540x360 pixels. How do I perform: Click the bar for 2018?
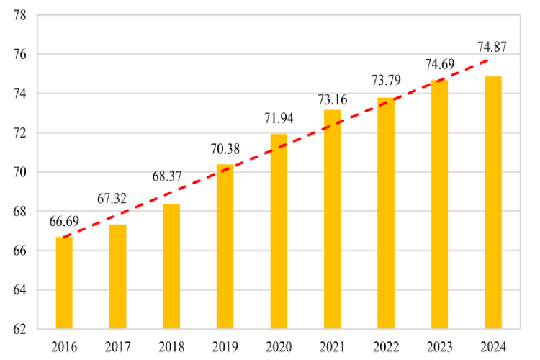[x=171, y=266]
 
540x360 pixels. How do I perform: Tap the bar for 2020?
[x=279, y=231]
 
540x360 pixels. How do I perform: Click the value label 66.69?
[x=63, y=220]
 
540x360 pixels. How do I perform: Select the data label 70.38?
[x=225, y=150]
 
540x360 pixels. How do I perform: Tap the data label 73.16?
[x=332, y=99]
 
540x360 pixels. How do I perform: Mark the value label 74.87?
[x=492, y=48]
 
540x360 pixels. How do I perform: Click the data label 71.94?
[x=279, y=118]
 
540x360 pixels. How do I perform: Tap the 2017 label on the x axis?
[x=118, y=346]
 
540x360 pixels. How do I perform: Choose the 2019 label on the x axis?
[x=225, y=346]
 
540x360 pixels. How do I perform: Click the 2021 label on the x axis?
[x=332, y=346]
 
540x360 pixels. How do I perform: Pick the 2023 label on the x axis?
[x=439, y=346]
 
